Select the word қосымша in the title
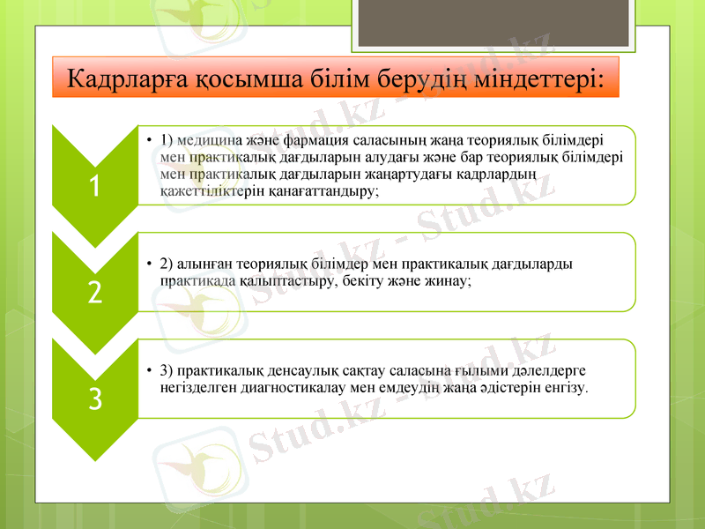pos(262,78)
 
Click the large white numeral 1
pos(94,185)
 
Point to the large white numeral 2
pos(94,292)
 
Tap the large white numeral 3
pos(94,399)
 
